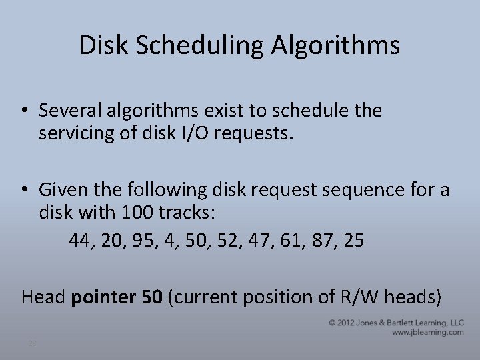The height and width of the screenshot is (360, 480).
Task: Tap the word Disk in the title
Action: tap(101, 45)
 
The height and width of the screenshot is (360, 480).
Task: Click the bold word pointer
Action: tap(103, 297)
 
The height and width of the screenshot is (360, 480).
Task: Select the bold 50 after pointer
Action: tap(151, 296)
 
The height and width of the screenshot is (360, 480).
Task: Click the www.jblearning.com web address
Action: tap(429, 331)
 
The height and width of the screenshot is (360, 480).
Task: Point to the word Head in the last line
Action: tap(43, 296)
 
